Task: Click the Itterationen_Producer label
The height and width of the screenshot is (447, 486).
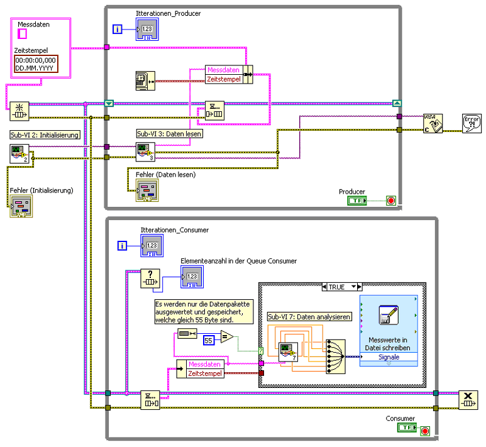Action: tap(168, 13)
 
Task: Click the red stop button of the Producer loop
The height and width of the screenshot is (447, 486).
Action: tap(391, 201)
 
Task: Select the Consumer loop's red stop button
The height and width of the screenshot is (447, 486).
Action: tap(425, 431)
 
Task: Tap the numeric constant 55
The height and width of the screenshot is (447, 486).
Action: tap(210, 340)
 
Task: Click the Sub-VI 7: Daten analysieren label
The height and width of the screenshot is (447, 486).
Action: tap(309, 317)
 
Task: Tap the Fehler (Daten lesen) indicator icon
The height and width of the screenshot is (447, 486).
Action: tap(146, 191)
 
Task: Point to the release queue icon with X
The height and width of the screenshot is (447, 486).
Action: tap(469, 399)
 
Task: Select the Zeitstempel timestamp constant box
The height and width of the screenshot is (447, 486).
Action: tap(36, 63)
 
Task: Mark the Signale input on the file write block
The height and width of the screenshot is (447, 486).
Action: tap(388, 357)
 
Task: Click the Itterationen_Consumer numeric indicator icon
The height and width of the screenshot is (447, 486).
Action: tap(152, 246)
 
